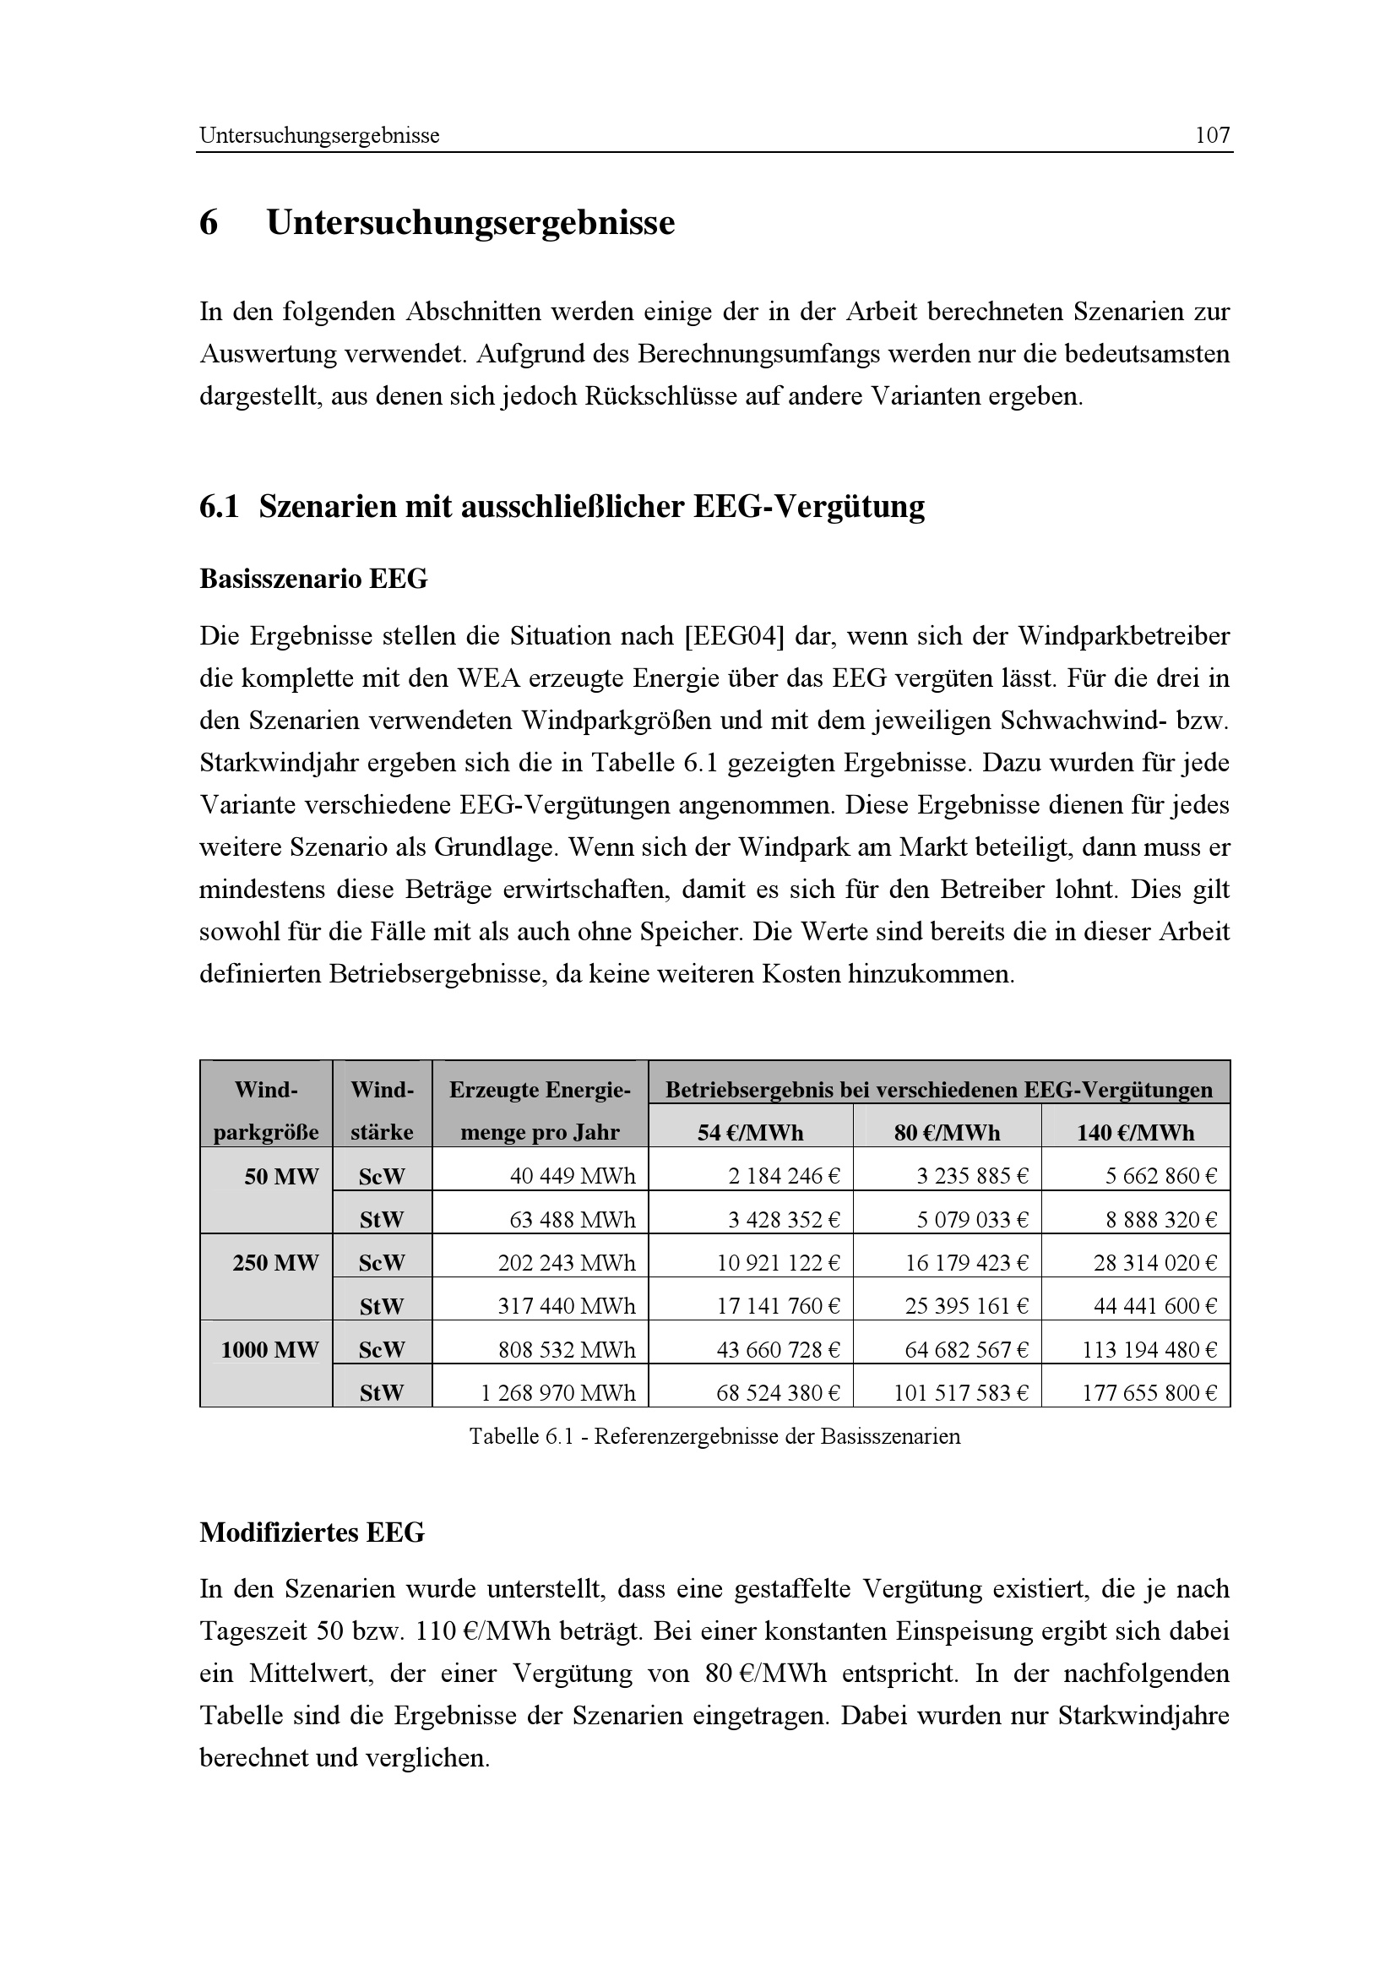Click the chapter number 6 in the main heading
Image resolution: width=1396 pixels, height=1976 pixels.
208,223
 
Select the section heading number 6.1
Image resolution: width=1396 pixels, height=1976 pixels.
219,506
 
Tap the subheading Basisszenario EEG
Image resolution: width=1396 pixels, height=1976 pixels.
313,580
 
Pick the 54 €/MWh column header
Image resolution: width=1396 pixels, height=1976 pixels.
750,1133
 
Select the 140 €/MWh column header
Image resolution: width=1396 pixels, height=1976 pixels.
1135,1133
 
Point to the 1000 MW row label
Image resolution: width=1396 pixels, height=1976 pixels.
269,1349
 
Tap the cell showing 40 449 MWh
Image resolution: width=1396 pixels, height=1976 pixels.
572,1177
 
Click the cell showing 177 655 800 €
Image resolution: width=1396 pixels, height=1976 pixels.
1149,1392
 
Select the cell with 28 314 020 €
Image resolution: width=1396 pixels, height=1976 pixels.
1154,1263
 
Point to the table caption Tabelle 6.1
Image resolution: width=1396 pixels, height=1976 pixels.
714,1436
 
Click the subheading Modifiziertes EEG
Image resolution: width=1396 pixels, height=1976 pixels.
312,1532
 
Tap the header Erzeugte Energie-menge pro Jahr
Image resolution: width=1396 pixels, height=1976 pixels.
540,1111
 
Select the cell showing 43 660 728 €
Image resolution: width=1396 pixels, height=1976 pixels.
778,1349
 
